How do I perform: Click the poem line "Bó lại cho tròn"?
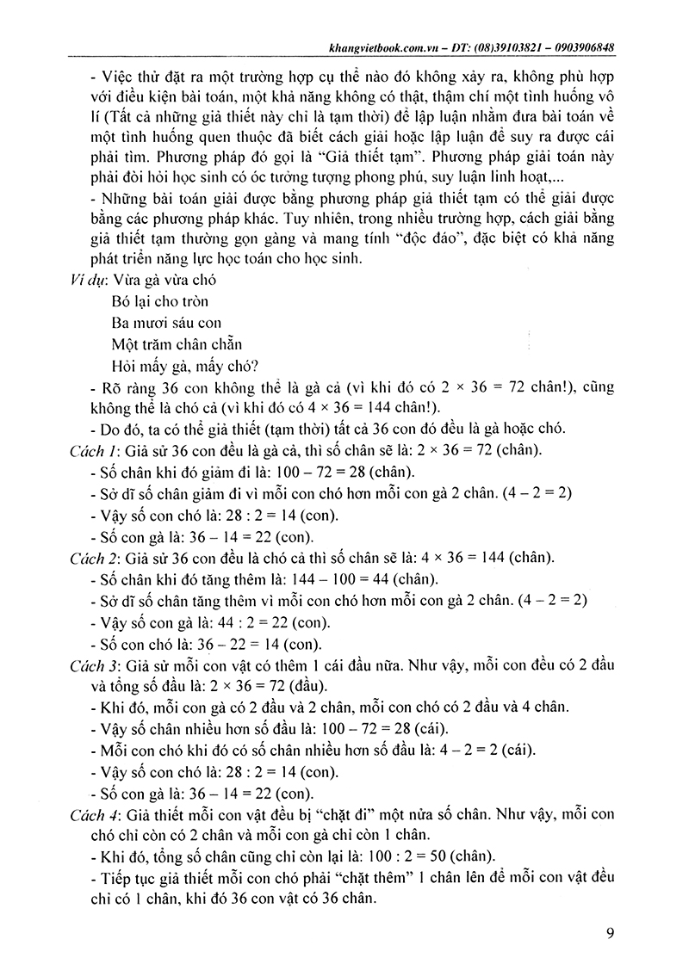[x=160, y=301]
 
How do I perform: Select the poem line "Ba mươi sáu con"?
[x=167, y=323]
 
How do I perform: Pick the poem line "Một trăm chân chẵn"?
[x=181, y=344]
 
